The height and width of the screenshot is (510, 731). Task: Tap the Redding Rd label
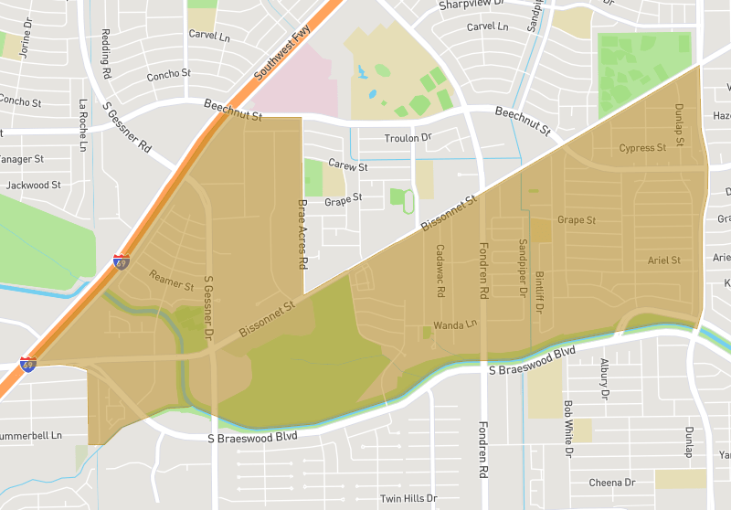coord(107,53)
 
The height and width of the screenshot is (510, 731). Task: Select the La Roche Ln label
coord(83,124)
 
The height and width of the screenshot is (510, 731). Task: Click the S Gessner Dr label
coord(208,309)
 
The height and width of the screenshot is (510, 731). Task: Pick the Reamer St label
coord(173,280)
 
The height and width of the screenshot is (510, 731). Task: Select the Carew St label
coord(347,167)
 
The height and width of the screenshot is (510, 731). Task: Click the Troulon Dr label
coord(408,138)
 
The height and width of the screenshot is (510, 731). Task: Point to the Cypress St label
coord(642,148)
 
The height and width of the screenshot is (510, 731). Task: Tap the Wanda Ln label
coord(456,324)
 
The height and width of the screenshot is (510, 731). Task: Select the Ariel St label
coord(663,260)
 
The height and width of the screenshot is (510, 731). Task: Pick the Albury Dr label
coord(604,379)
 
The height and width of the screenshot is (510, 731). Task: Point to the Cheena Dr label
coord(611,483)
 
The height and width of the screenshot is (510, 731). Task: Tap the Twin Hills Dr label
coord(408,499)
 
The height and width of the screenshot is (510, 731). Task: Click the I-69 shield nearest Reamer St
coord(122,261)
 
